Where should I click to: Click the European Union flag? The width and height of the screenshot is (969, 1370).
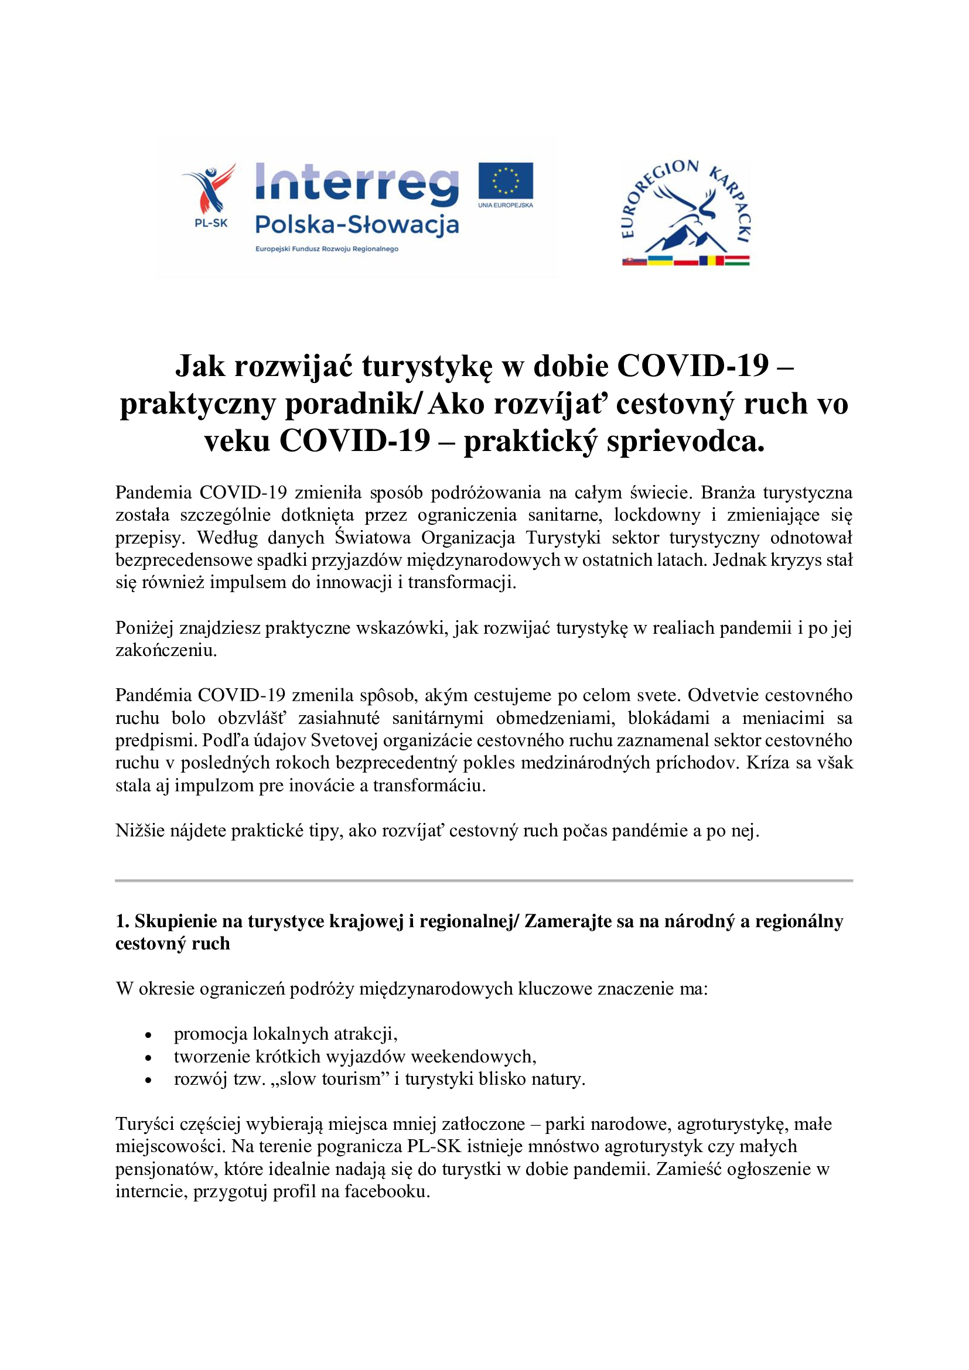(x=506, y=180)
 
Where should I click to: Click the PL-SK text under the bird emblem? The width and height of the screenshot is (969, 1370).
(x=211, y=224)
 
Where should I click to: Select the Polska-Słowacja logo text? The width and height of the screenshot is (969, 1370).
(x=357, y=225)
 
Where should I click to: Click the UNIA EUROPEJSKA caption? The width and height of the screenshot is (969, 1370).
(x=506, y=205)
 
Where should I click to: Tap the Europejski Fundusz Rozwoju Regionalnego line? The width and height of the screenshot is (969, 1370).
(x=326, y=249)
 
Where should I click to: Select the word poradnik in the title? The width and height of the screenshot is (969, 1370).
(x=352, y=404)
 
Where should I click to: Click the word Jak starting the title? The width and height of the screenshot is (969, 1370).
(x=200, y=365)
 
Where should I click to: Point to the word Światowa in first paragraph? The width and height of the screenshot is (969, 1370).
(x=373, y=538)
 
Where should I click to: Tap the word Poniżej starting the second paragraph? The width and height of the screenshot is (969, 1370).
(x=144, y=628)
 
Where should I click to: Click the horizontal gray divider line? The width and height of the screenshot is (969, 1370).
(x=484, y=881)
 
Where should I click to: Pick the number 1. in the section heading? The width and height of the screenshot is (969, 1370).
(x=122, y=921)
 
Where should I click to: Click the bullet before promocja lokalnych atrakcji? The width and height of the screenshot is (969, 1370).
(x=149, y=1035)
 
